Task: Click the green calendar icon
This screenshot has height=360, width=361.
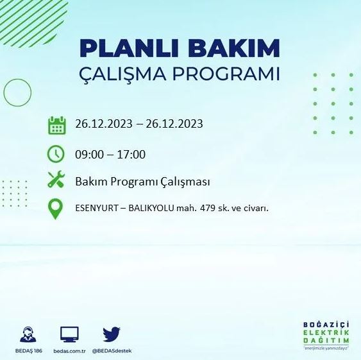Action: point(57,124)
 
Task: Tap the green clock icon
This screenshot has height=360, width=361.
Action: point(57,154)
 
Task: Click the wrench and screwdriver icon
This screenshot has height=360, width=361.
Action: point(57,182)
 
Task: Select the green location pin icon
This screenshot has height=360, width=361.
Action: point(56,209)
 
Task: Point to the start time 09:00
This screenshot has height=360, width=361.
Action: point(89,155)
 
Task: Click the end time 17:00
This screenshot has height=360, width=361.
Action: point(131,155)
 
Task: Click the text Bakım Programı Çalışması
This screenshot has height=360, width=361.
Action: point(143,182)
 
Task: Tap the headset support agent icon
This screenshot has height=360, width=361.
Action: point(28,334)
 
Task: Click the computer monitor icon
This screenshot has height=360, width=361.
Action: point(69,334)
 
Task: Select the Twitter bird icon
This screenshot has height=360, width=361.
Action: point(112,334)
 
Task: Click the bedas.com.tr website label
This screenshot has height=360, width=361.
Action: point(69,352)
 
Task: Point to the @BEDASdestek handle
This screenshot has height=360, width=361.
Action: point(112,352)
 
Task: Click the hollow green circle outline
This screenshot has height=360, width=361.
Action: point(17,92)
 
